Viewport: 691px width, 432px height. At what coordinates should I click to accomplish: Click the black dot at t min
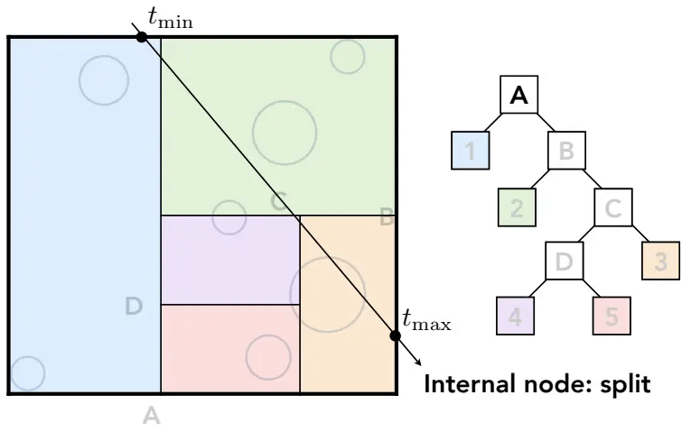pos(142,37)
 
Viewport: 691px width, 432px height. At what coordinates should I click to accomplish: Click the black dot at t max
pos(396,335)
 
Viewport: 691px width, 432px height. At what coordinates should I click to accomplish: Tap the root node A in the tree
pos(519,95)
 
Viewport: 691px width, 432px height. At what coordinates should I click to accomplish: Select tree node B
pos(566,151)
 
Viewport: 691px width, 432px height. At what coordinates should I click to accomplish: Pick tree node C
pos(613,207)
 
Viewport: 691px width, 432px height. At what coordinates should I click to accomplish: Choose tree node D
pos(564,261)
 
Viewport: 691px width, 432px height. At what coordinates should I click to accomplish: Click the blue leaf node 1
pos(471,151)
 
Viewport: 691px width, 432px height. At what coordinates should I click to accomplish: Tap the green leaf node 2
pos(517,207)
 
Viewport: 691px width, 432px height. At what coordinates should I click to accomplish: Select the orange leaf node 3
pos(660,261)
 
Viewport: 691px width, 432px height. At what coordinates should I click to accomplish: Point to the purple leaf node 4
pos(515,316)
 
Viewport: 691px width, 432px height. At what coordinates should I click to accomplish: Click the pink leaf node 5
pos(612,316)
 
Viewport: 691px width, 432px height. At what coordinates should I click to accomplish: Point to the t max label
pos(426,320)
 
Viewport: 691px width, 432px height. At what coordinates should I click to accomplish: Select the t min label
pos(171,18)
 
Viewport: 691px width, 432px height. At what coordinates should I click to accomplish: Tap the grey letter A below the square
pos(151,415)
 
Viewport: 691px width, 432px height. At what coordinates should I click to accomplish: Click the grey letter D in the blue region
pos(134,306)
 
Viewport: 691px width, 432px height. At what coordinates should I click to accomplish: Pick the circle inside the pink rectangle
pos(268,357)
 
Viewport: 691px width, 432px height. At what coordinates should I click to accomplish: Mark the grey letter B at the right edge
pos(387,217)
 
